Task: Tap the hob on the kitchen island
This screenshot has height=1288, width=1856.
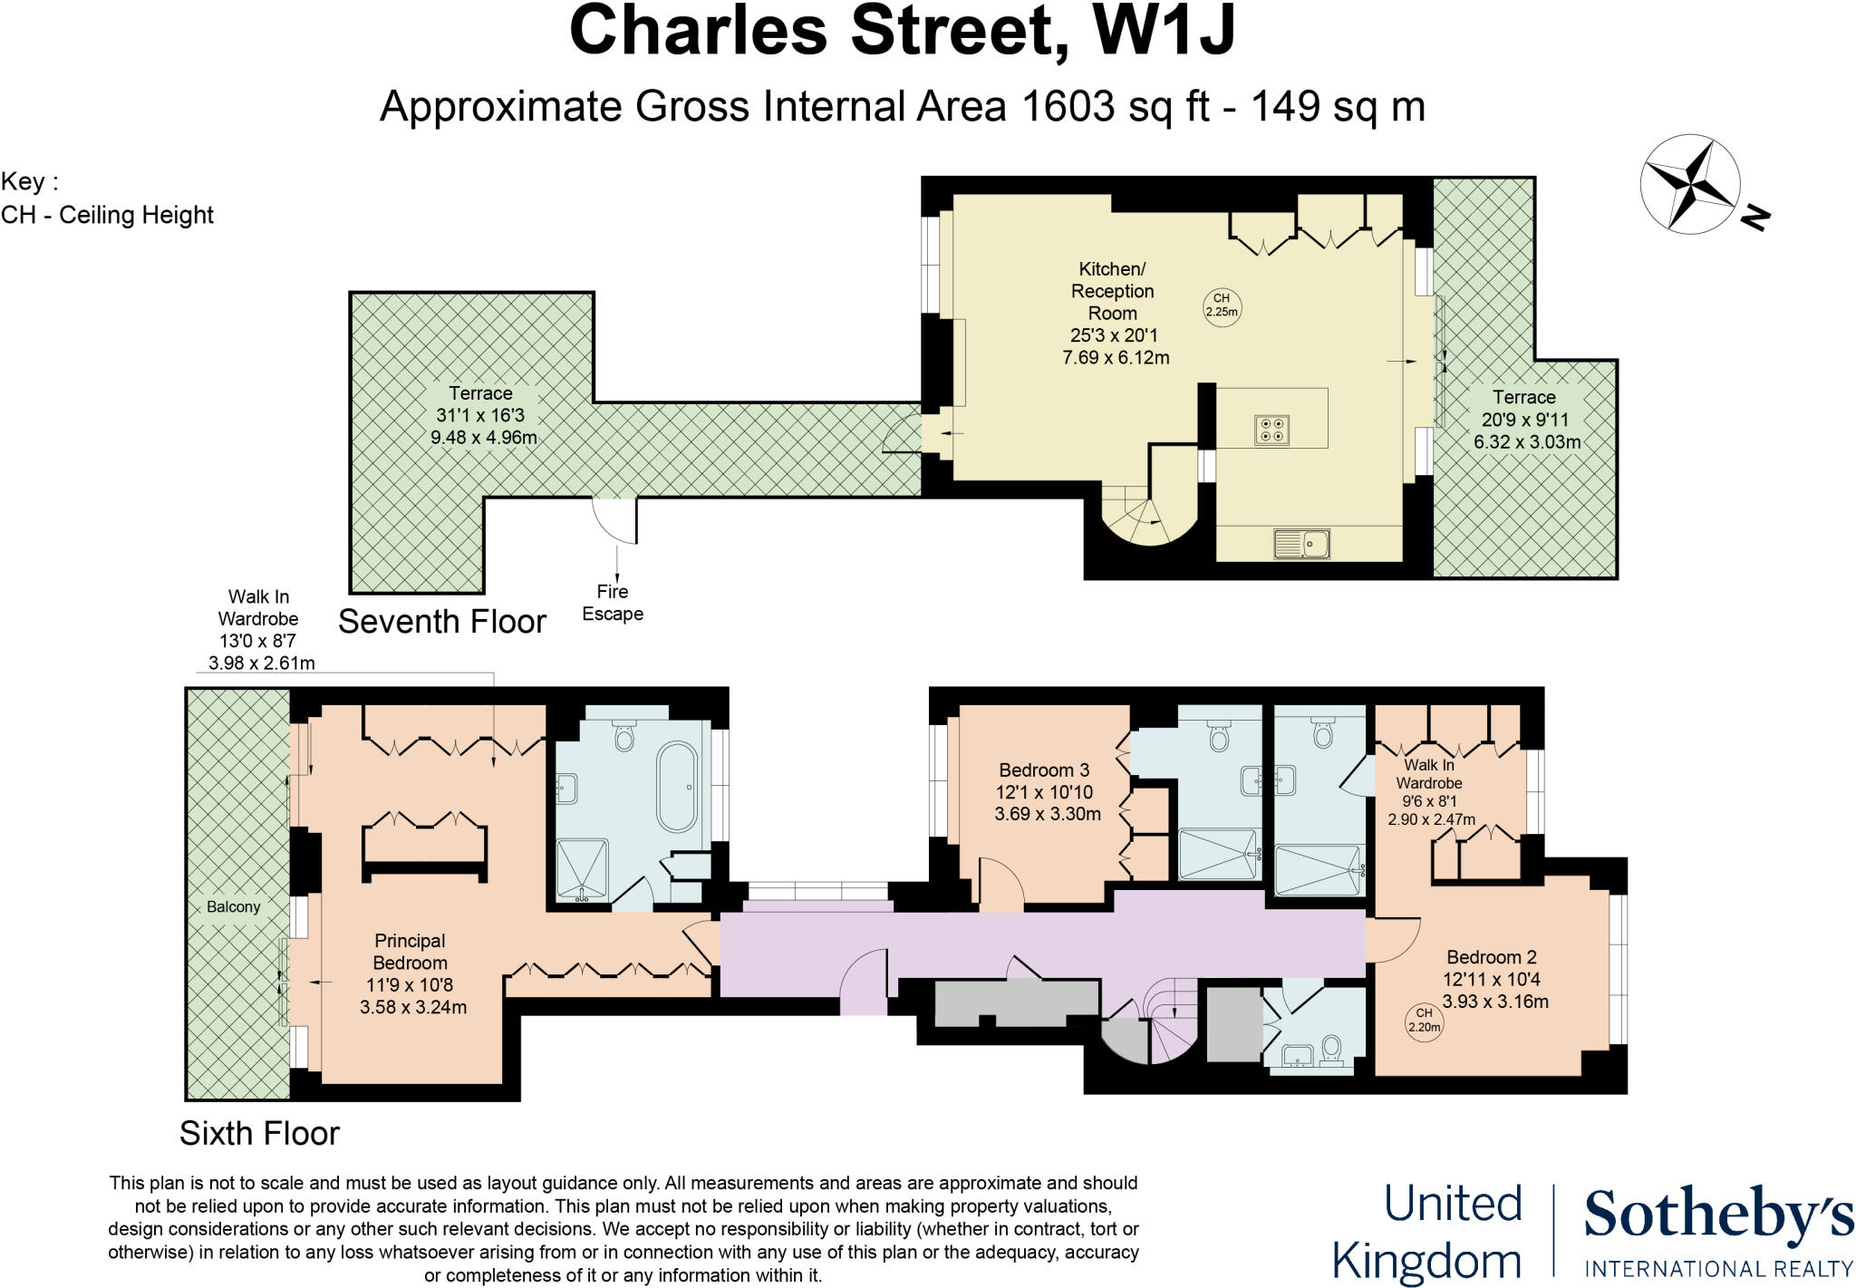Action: [x=1272, y=430]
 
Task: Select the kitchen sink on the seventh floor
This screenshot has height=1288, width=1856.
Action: [x=1301, y=543]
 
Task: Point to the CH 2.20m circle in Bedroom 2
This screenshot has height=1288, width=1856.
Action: [x=1424, y=1021]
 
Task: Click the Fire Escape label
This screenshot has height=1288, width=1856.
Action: [x=613, y=603]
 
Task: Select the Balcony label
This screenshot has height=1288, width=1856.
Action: [x=233, y=906]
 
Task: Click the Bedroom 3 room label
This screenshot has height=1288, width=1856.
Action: [x=1044, y=770]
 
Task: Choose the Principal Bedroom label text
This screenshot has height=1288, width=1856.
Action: [x=410, y=952]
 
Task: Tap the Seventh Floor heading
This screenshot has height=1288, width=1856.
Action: [x=442, y=622]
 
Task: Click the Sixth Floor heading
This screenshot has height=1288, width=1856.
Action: [x=259, y=1133]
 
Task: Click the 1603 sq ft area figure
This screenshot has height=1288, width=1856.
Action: [x=1115, y=106]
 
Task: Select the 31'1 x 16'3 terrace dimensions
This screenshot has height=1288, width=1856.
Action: [x=480, y=415]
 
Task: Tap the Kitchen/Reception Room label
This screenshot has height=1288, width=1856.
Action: [x=1113, y=291]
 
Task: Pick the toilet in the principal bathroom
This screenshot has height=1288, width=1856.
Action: [x=623, y=736]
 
